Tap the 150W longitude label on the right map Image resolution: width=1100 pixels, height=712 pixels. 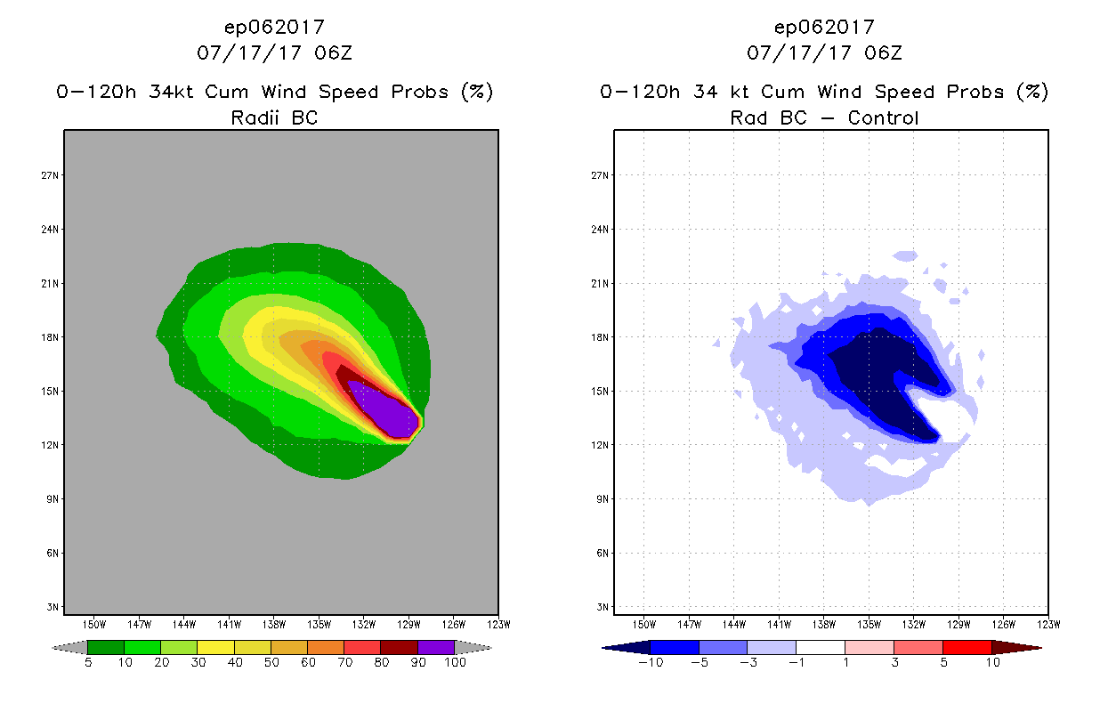click(x=643, y=624)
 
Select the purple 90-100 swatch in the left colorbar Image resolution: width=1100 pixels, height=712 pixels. click(x=436, y=647)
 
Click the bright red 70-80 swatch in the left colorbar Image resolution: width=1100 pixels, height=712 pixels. click(x=362, y=647)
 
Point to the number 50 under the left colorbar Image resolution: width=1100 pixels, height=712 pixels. click(x=271, y=662)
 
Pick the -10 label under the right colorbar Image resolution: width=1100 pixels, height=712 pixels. click(x=650, y=662)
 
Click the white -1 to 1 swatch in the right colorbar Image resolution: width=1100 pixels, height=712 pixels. click(x=820, y=647)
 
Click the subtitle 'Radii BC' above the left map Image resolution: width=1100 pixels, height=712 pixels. click(x=274, y=117)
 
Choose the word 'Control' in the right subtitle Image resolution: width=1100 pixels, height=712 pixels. click(x=883, y=117)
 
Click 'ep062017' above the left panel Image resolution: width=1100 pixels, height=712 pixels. click(x=274, y=27)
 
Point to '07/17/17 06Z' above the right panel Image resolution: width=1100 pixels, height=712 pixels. click(x=824, y=53)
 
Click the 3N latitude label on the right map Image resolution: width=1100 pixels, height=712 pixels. click(x=603, y=607)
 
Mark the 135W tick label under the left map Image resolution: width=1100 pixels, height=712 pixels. click(x=319, y=624)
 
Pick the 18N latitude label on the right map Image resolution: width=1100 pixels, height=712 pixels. click(x=601, y=337)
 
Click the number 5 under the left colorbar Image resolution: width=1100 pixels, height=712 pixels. click(x=88, y=662)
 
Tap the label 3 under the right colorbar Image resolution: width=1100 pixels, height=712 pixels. click(x=894, y=662)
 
